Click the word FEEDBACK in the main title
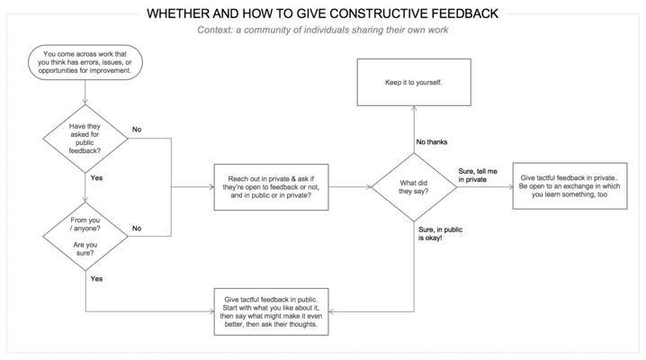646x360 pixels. click(x=465, y=13)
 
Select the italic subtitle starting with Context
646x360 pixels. click(x=323, y=30)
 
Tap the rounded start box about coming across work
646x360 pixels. click(x=85, y=62)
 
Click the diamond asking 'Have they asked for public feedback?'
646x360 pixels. click(x=85, y=139)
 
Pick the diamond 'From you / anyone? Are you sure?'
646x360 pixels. click(x=85, y=237)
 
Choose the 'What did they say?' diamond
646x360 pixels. click(x=414, y=187)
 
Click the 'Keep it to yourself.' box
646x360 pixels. click(x=414, y=83)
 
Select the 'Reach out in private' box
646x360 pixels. click(x=271, y=187)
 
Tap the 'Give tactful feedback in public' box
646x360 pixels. click(x=271, y=311)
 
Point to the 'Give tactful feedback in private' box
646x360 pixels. click(x=570, y=185)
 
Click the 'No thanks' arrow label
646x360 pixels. click(x=431, y=141)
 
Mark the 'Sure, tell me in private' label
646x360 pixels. click(x=478, y=175)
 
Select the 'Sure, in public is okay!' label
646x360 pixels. click(x=441, y=233)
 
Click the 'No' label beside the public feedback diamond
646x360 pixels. click(x=137, y=130)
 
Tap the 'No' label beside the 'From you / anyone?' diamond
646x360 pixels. click(x=137, y=229)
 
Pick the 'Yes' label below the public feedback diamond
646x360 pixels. click(x=96, y=178)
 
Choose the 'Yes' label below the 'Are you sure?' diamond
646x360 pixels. click(x=96, y=279)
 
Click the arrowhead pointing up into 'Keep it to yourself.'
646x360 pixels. click(x=414, y=108)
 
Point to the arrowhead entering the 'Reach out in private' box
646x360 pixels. click(x=211, y=187)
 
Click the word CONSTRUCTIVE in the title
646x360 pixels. click(x=379, y=13)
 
